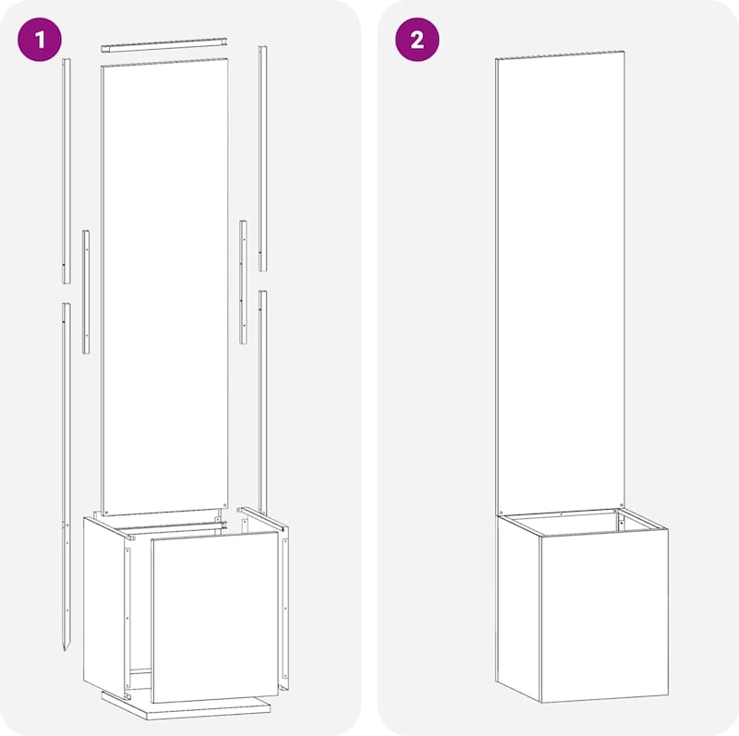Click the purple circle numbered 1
click(40, 40)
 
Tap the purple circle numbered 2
click(418, 40)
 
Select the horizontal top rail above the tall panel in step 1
click(164, 44)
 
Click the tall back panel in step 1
click(165, 286)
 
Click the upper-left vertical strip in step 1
click(67, 171)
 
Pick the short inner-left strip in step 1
click(86, 292)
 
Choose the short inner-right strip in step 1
click(243, 282)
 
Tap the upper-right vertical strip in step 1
click(262, 158)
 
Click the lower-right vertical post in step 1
click(262, 403)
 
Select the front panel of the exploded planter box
click(215, 616)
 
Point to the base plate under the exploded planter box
click(187, 706)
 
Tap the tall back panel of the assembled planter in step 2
click(560, 283)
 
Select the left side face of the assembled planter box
click(518, 608)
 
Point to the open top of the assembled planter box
click(582, 522)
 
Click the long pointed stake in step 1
click(66, 477)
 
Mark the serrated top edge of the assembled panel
click(560, 55)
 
